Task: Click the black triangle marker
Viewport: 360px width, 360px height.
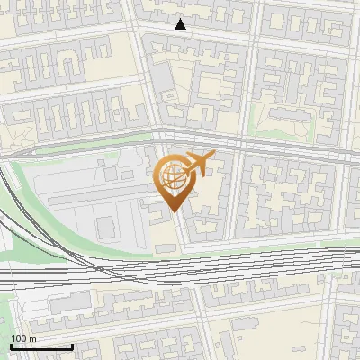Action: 181,24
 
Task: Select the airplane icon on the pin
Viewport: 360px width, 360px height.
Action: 199,164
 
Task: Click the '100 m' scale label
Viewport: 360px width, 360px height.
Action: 22,338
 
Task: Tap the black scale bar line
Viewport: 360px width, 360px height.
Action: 41,346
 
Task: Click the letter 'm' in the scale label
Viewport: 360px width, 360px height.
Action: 32,338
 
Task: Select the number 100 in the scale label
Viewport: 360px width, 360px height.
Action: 18,338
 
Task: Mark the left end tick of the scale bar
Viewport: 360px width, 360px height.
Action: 11,345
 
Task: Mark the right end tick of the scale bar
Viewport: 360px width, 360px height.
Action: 72,345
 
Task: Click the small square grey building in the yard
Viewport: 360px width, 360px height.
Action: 106,228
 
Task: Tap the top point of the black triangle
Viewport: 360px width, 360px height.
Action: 181,19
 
